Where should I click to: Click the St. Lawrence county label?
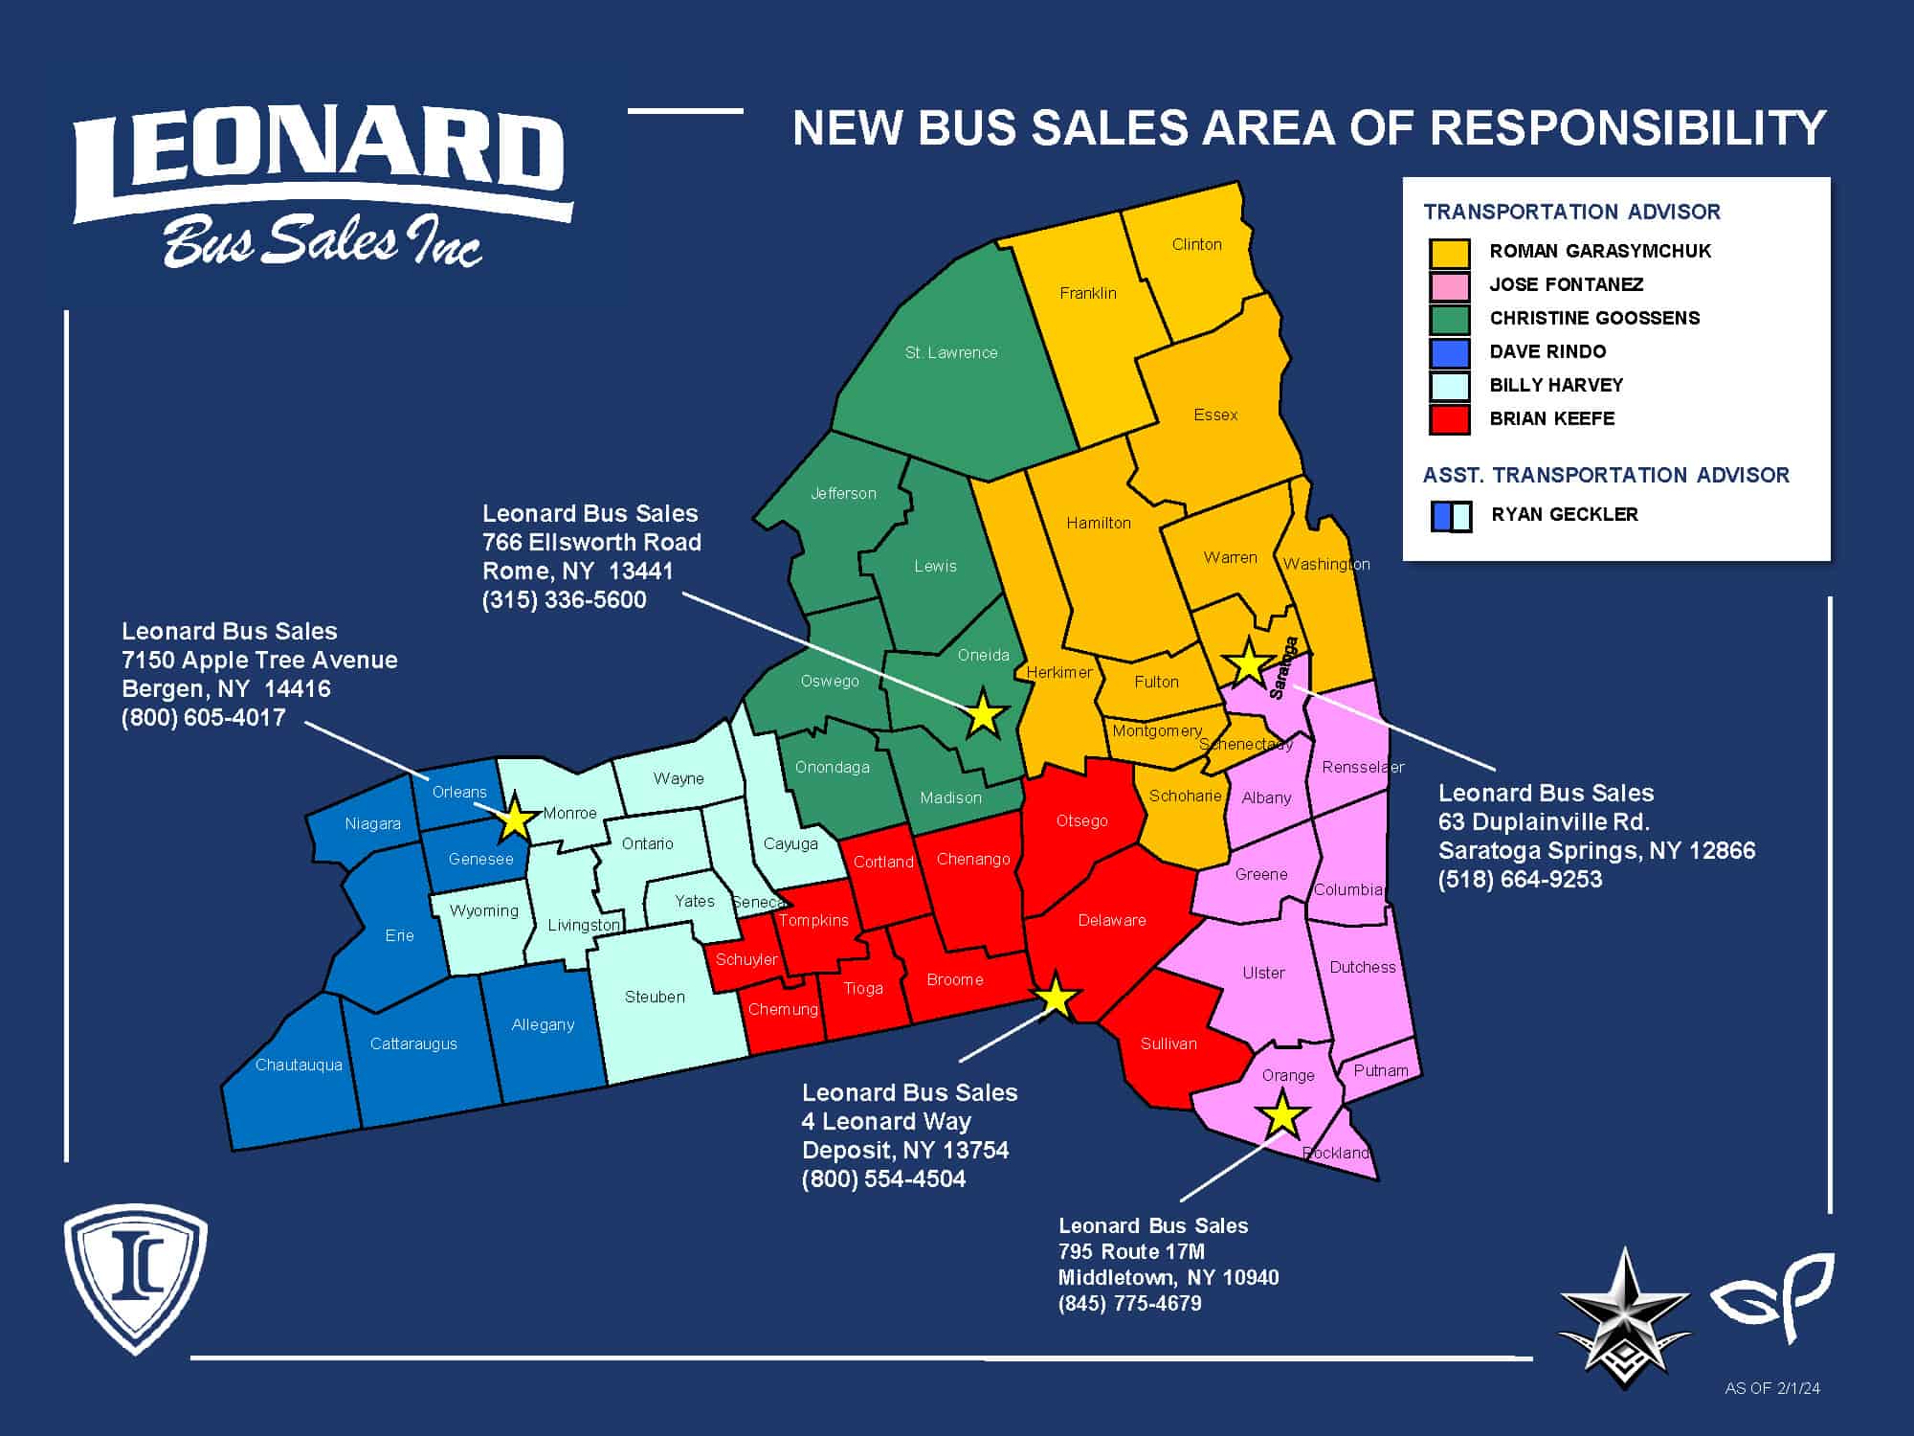pyautogui.click(x=951, y=352)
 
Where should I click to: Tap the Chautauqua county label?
pyautogui.click(x=299, y=1065)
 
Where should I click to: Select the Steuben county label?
pyautogui.click(x=655, y=997)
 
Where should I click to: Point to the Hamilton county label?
pyautogui.click(x=1099, y=523)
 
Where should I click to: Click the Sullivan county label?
pyautogui.click(x=1168, y=1043)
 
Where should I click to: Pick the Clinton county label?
pyautogui.click(x=1196, y=244)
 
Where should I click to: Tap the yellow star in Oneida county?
pyautogui.click(x=983, y=713)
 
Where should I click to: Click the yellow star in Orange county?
pyautogui.click(x=1282, y=1115)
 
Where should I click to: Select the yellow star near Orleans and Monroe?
pyautogui.click(x=515, y=818)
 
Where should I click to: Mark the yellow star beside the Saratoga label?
pyautogui.click(x=1248, y=662)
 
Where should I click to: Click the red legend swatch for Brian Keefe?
pyautogui.click(x=1449, y=419)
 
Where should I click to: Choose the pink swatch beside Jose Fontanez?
pyautogui.click(x=1449, y=285)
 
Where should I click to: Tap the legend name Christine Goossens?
pyautogui.click(x=1594, y=318)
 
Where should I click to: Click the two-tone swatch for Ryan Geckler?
pyautogui.click(x=1451, y=516)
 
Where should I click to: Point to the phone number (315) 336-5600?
pyautogui.click(x=565, y=600)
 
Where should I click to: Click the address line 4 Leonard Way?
pyautogui.click(x=886, y=1121)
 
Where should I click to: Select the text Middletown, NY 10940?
pyautogui.click(x=1168, y=1277)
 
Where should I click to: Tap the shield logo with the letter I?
pyautogui.click(x=135, y=1276)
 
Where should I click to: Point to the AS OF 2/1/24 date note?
pyautogui.click(x=1772, y=1387)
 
